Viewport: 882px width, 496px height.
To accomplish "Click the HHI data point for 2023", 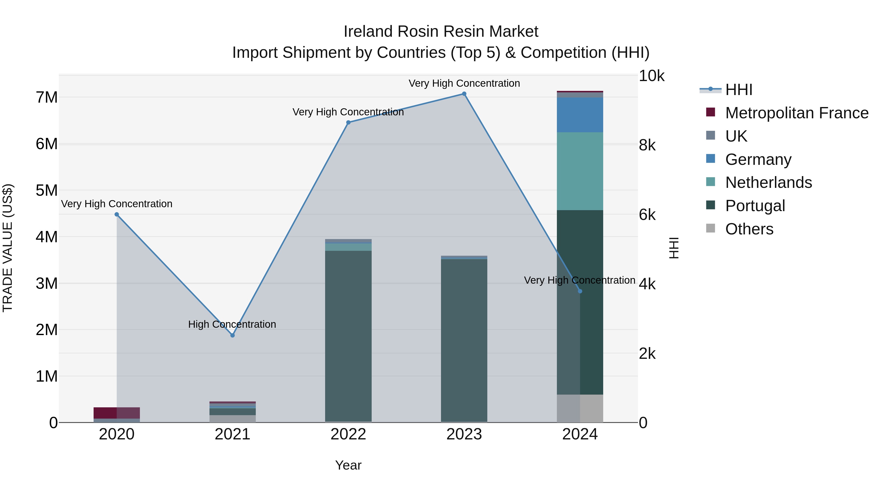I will [x=464, y=94].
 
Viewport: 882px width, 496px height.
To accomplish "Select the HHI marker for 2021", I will [x=233, y=336].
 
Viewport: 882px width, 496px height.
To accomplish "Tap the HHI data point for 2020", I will [x=117, y=214].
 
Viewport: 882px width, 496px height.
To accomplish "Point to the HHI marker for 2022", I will [x=348, y=122].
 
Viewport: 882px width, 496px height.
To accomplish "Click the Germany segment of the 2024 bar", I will [x=580, y=115].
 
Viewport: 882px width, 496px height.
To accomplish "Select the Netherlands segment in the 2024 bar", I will [x=580, y=171].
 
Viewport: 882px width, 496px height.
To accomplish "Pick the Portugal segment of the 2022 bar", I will [x=348, y=336].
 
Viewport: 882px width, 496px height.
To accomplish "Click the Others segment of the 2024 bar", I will [x=580, y=408].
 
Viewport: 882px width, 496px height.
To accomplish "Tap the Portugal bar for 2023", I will [x=464, y=339].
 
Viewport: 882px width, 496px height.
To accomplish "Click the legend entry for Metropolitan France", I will [x=796, y=113].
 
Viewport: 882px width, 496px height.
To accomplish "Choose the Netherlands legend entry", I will [x=768, y=182].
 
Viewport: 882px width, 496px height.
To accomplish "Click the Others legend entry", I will [x=749, y=229].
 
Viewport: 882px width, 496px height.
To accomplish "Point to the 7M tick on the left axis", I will [x=47, y=97].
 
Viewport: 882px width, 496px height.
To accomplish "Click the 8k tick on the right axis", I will [x=647, y=145].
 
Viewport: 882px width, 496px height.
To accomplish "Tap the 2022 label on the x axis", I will [x=348, y=434].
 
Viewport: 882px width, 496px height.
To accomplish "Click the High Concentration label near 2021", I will [x=232, y=324].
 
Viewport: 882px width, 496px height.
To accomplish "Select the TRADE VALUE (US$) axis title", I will [x=8, y=248].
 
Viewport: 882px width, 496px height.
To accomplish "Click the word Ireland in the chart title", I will [x=368, y=32].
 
